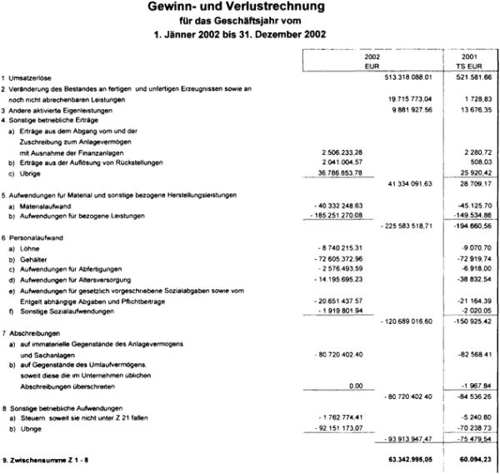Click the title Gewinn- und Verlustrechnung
(x=250, y=7)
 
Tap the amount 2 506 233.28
(x=347, y=152)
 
